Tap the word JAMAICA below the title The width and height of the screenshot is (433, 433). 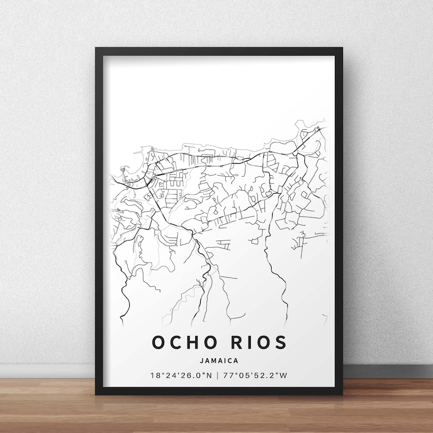click(x=219, y=360)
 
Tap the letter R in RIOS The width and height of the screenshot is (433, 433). click(x=231, y=342)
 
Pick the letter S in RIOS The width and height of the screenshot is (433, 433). click(x=279, y=342)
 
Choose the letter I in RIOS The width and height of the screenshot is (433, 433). click(x=245, y=342)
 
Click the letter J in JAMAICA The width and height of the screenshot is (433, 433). click(x=200, y=360)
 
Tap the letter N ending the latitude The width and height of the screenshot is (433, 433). click(x=210, y=376)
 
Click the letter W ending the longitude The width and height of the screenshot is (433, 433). click(x=285, y=376)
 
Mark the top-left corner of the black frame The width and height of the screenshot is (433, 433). click(x=96, y=49)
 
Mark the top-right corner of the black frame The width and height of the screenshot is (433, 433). click(x=342, y=49)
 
